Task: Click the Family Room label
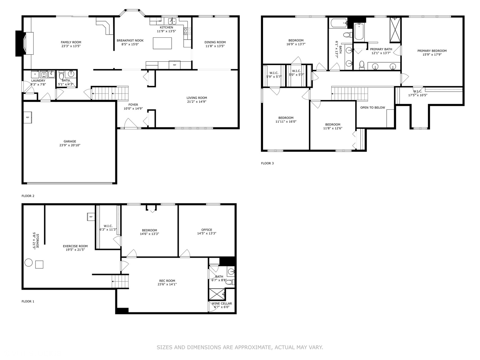[71, 42]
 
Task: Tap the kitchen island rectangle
[162, 43]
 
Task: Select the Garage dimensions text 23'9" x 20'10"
[70, 145]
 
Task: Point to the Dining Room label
[215, 42]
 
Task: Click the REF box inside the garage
[27, 118]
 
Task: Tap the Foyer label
[133, 105]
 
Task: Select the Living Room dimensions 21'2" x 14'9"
[197, 102]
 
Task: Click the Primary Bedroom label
[432, 51]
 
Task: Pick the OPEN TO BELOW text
[372, 108]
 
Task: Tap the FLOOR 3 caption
[267, 163]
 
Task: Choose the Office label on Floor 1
[207, 230]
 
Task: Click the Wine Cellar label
[222, 303]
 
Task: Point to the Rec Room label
[167, 281]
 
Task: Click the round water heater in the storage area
[29, 263]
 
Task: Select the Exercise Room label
[75, 246]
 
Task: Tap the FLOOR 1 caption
[28, 301]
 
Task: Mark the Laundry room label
[38, 81]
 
